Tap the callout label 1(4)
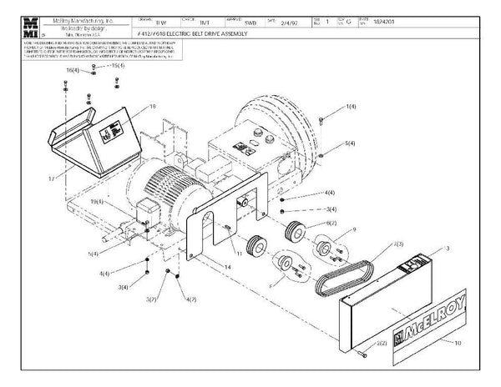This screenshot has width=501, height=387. (x=352, y=108)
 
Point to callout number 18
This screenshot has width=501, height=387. (x=153, y=106)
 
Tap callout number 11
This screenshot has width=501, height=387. (x=239, y=252)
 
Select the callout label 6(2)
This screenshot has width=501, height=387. (x=331, y=223)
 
